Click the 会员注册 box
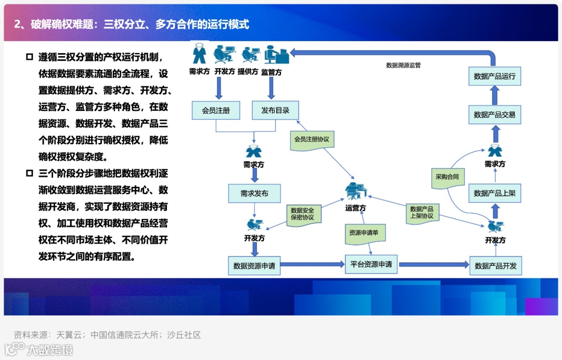[215, 110]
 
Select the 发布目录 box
[275, 110]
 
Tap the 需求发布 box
[254, 194]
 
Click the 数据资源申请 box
[254, 265]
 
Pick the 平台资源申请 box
[371, 264]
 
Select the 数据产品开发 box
[495, 266]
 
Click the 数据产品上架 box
[494, 194]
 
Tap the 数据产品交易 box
[494, 114]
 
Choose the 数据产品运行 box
[494, 76]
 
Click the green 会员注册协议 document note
[312, 140]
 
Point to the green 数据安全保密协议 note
[303, 214]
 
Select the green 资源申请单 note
[364, 233]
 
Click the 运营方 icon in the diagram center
[356, 192]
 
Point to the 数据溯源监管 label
[403, 66]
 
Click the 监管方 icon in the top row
[275, 55]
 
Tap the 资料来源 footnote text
[107, 335]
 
